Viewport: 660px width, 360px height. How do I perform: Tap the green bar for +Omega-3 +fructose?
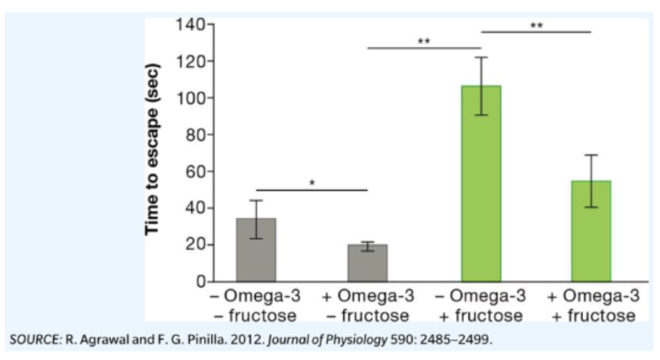(x=590, y=231)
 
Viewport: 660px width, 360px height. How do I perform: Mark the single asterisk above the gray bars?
(x=312, y=182)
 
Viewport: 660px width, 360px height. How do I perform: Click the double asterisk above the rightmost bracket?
(x=536, y=25)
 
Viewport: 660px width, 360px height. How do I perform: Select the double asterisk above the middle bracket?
(x=424, y=41)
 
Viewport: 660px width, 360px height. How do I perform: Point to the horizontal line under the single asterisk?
(x=312, y=190)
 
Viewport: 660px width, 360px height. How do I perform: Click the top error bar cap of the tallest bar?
(x=481, y=58)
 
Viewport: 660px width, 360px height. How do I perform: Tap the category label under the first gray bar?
(x=256, y=304)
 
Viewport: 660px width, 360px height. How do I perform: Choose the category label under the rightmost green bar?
(x=590, y=304)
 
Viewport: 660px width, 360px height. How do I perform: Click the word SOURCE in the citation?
(x=34, y=339)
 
